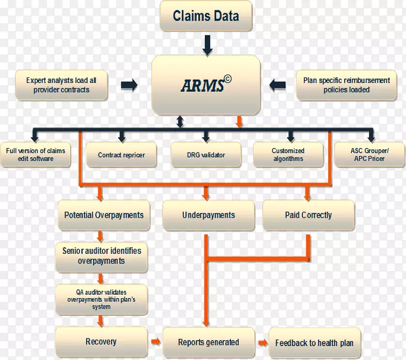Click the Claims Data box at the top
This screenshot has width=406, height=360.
(x=206, y=15)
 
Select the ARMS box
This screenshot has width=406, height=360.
(x=207, y=85)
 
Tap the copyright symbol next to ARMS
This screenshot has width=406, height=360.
(x=228, y=79)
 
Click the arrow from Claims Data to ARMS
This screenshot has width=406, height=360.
(x=207, y=44)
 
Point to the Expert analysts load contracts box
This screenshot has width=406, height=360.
(x=61, y=85)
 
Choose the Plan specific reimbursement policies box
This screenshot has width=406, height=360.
(x=346, y=85)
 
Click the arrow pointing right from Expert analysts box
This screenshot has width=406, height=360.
(x=129, y=85)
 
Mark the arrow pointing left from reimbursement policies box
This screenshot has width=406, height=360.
(x=278, y=85)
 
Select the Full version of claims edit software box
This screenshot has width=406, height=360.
(x=35, y=155)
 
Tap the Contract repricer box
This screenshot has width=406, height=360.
(x=121, y=155)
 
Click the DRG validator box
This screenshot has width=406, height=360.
(x=205, y=155)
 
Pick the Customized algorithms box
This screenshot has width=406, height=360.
(x=288, y=155)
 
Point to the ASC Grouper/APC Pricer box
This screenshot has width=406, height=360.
(x=368, y=155)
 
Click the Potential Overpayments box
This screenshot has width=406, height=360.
(x=103, y=215)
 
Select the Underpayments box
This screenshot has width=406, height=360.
(x=208, y=215)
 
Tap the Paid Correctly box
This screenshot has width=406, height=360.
(x=308, y=215)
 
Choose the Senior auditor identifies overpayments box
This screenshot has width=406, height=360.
(x=102, y=256)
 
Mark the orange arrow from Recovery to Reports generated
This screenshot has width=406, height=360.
(x=156, y=342)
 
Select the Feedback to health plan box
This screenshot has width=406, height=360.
(x=314, y=343)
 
